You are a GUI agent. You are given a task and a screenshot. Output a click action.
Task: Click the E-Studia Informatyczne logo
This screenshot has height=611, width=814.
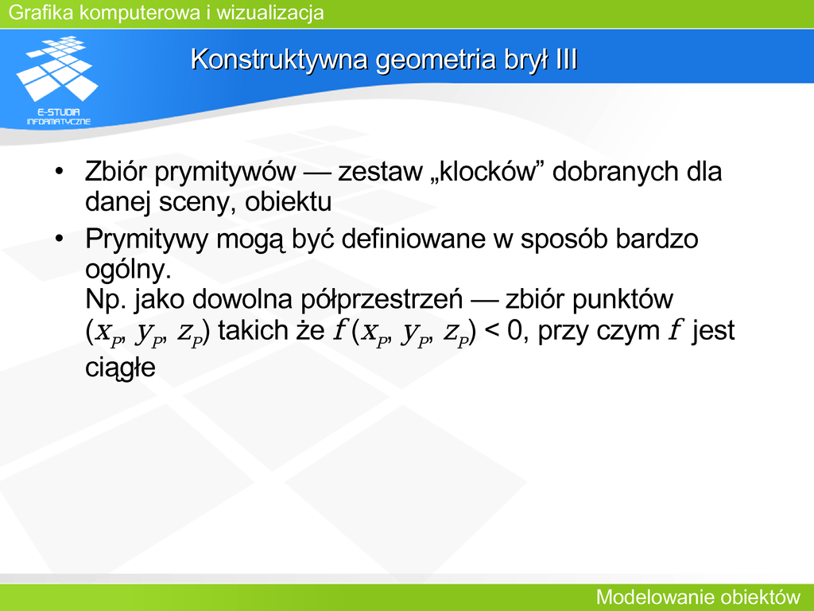point(57,80)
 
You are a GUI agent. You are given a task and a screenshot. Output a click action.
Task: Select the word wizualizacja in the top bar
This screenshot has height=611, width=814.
point(270,13)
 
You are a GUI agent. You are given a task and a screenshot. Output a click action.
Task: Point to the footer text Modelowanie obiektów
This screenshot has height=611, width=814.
point(698,597)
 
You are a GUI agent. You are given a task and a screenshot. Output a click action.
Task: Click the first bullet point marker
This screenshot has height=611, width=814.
point(59,172)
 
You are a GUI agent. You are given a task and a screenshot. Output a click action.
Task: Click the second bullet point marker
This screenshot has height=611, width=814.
point(59,239)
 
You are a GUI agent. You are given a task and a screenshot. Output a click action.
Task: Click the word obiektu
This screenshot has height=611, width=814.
point(288,201)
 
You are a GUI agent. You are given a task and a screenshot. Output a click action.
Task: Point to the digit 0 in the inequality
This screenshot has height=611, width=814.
point(514,331)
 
